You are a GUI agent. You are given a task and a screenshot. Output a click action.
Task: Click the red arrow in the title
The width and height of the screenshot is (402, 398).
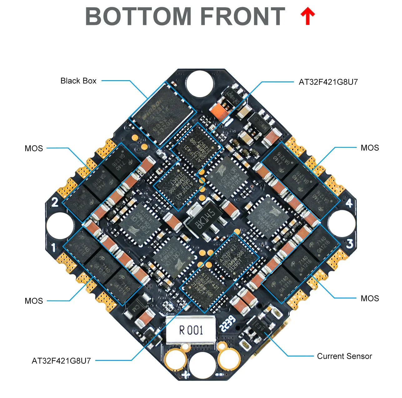tap(308, 17)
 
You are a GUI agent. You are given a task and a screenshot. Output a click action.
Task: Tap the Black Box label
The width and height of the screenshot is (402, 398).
tap(78, 81)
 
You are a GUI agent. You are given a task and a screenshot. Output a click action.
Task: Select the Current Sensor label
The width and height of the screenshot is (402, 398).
tap(344, 356)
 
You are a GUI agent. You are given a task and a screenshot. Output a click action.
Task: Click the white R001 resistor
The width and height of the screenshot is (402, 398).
tap(191, 330)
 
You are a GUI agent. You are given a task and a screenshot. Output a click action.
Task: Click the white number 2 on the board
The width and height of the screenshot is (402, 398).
tap(55, 202)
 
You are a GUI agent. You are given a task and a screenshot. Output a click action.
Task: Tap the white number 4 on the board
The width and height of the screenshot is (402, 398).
tap(349, 203)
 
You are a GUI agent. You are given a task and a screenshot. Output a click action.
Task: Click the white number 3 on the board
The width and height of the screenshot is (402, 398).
tap(350, 244)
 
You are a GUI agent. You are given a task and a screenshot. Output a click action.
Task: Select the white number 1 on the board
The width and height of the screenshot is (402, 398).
tap(54, 248)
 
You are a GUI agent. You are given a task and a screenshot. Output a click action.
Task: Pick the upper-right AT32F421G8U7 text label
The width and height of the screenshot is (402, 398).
tap(328, 82)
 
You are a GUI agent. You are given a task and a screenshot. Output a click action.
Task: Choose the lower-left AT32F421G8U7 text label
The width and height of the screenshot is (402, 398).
tap(61, 361)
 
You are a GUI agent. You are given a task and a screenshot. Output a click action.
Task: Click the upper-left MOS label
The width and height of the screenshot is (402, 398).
tap(34, 148)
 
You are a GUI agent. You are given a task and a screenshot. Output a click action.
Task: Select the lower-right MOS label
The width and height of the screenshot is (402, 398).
tap(370, 298)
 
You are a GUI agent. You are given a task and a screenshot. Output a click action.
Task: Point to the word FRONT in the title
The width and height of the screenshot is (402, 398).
tap(242, 17)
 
